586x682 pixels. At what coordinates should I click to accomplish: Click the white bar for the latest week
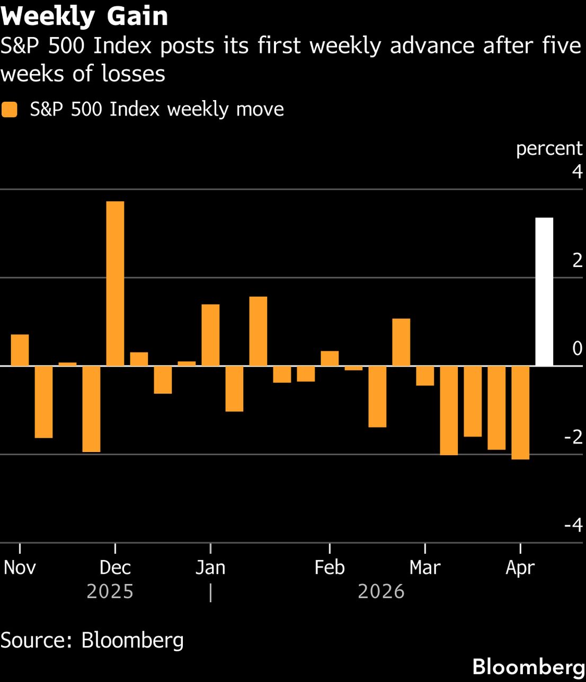[x=544, y=291]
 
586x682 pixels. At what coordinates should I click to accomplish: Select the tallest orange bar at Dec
[x=116, y=284]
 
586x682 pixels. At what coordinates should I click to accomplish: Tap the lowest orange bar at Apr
[x=520, y=412]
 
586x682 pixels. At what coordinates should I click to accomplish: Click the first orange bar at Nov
[x=20, y=350]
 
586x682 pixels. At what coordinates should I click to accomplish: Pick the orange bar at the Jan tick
[x=210, y=335]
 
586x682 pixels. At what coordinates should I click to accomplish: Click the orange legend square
[x=10, y=110]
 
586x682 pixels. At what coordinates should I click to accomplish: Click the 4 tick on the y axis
[x=576, y=172]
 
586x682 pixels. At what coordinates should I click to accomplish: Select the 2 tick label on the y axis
[x=576, y=260]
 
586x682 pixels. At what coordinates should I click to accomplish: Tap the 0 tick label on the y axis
[x=576, y=349]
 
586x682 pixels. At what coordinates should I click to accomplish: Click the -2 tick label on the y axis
[x=573, y=437]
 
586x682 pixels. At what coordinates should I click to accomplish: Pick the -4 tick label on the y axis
[x=573, y=525]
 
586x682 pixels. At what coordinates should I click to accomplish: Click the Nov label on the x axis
[x=20, y=568]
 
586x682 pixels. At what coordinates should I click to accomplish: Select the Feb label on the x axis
[x=330, y=568]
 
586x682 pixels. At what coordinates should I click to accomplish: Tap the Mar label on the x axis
[x=425, y=568]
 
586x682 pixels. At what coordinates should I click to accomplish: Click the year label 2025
[x=110, y=591]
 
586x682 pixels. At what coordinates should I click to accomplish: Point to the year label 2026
[x=381, y=591]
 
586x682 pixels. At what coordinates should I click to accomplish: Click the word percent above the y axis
[x=549, y=148]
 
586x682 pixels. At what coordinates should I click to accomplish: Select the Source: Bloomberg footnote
[x=92, y=640]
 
